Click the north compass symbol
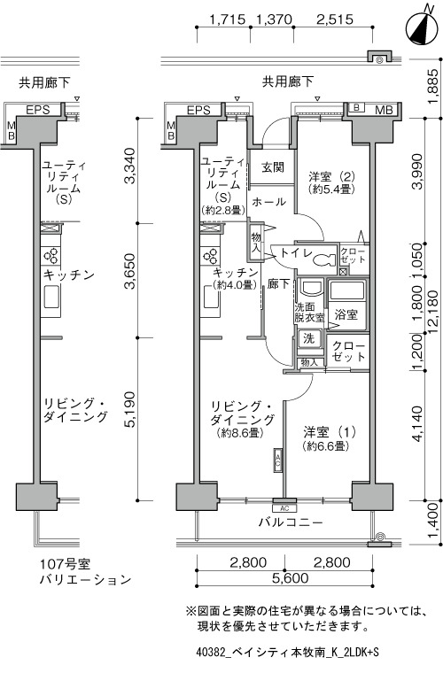coord(422,27)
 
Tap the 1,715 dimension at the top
coord(227,19)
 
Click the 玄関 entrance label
coord(273,167)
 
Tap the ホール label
coord(268,201)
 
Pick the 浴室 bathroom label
coord(346,313)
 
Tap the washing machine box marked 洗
coord(309,338)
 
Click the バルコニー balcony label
coord(291,522)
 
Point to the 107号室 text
coord(65,563)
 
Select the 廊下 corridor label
coord(278,284)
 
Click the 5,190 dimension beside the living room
coord(130,409)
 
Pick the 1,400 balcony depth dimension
coord(432,522)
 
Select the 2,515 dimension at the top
coord(334,19)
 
